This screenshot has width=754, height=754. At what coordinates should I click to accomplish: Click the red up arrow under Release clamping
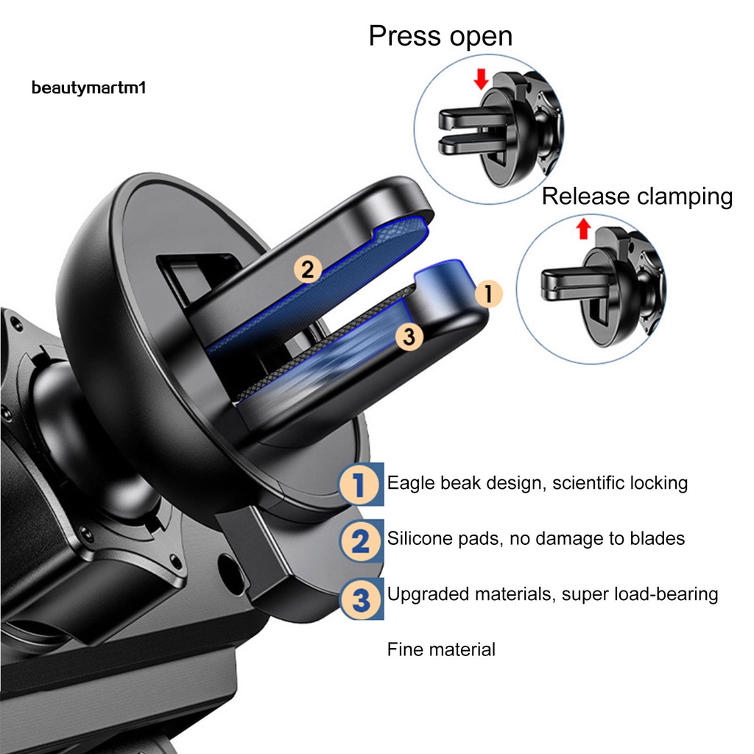coord(584,229)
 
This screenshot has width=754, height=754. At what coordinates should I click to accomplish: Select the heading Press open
coord(440,36)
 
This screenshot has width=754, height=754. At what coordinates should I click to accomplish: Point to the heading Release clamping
coord(637,197)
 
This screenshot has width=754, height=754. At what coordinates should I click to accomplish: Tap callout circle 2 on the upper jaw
coord(308,269)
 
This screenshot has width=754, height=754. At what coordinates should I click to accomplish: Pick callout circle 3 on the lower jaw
coord(409,337)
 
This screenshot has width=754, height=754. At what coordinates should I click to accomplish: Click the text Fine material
coord(441,649)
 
